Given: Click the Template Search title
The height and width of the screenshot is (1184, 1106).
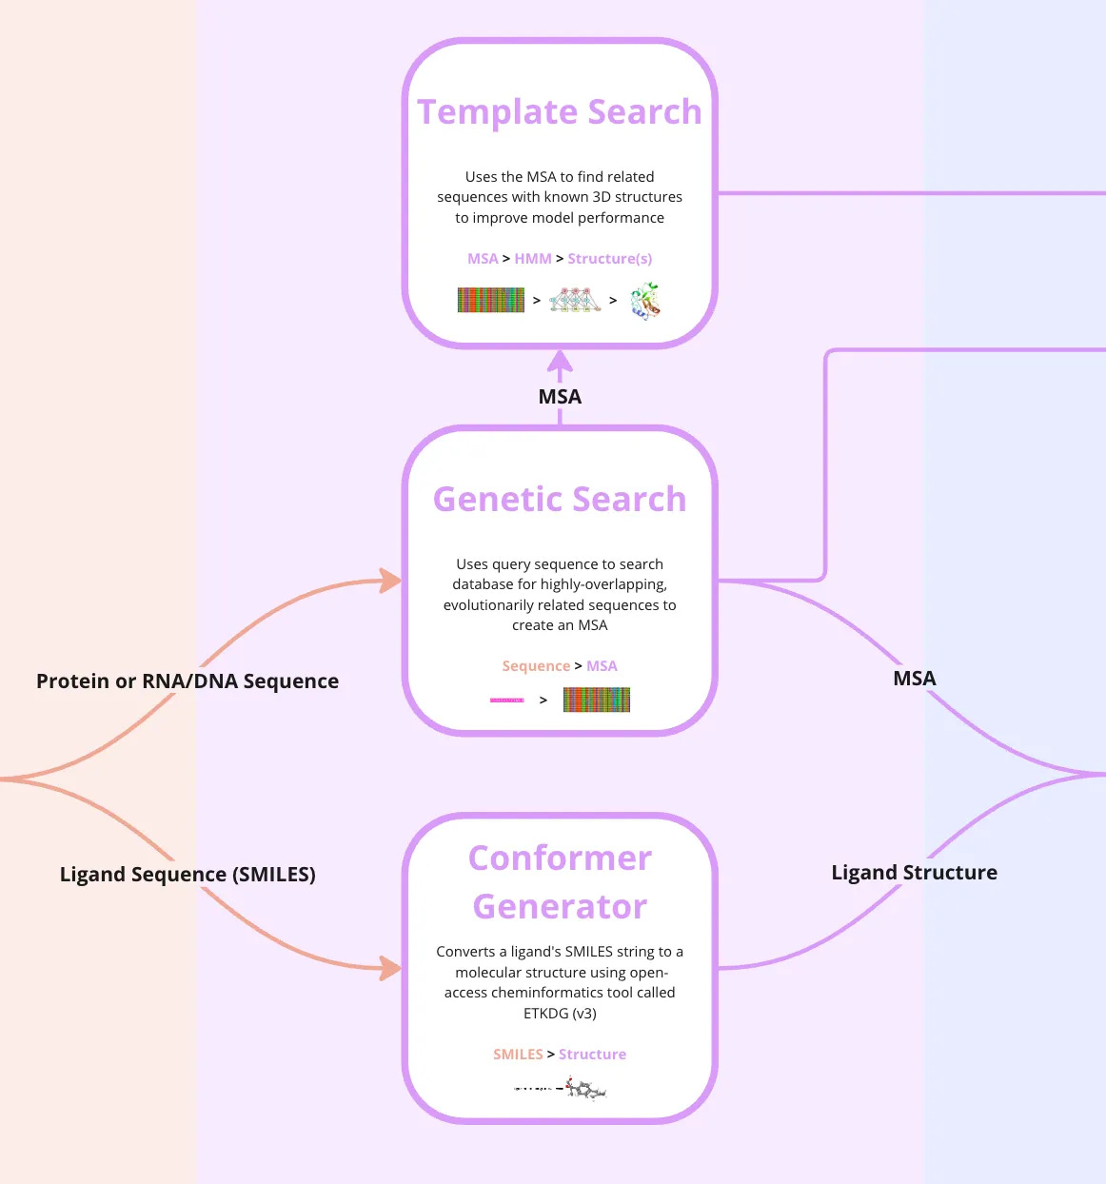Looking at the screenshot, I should [560, 112].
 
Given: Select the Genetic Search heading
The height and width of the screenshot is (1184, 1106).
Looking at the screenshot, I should [560, 500].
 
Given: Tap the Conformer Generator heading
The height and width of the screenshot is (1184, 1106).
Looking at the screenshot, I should [560, 882].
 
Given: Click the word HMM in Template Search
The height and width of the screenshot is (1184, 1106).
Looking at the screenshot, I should [533, 259].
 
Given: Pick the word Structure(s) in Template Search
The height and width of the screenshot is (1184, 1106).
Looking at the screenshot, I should [610, 259].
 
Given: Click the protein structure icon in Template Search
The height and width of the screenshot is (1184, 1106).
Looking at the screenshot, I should [645, 301].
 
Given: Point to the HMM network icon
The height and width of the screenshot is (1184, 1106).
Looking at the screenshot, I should [575, 301].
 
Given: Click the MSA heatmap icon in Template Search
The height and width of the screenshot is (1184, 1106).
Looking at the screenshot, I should [491, 301].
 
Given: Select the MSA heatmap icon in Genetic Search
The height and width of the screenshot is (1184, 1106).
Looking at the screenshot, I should [597, 701].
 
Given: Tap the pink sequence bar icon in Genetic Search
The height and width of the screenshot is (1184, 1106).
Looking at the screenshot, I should [506, 701].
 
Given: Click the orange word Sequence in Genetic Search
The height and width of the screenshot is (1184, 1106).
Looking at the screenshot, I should [536, 666].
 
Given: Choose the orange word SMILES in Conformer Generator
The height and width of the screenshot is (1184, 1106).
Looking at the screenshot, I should [518, 1055].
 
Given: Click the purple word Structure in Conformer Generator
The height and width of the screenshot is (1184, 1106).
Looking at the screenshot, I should [592, 1055].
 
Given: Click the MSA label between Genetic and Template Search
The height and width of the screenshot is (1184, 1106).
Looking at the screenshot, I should [560, 397].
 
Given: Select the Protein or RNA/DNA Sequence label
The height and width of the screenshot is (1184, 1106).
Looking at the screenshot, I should [188, 681].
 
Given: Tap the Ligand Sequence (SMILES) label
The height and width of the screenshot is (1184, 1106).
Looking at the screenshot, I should [188, 875].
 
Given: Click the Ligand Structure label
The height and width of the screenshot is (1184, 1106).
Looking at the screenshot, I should [914, 873].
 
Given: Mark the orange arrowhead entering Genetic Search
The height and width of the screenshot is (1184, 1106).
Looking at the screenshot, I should [390, 581].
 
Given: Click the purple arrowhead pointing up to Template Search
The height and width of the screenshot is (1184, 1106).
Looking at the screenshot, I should [560, 362].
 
